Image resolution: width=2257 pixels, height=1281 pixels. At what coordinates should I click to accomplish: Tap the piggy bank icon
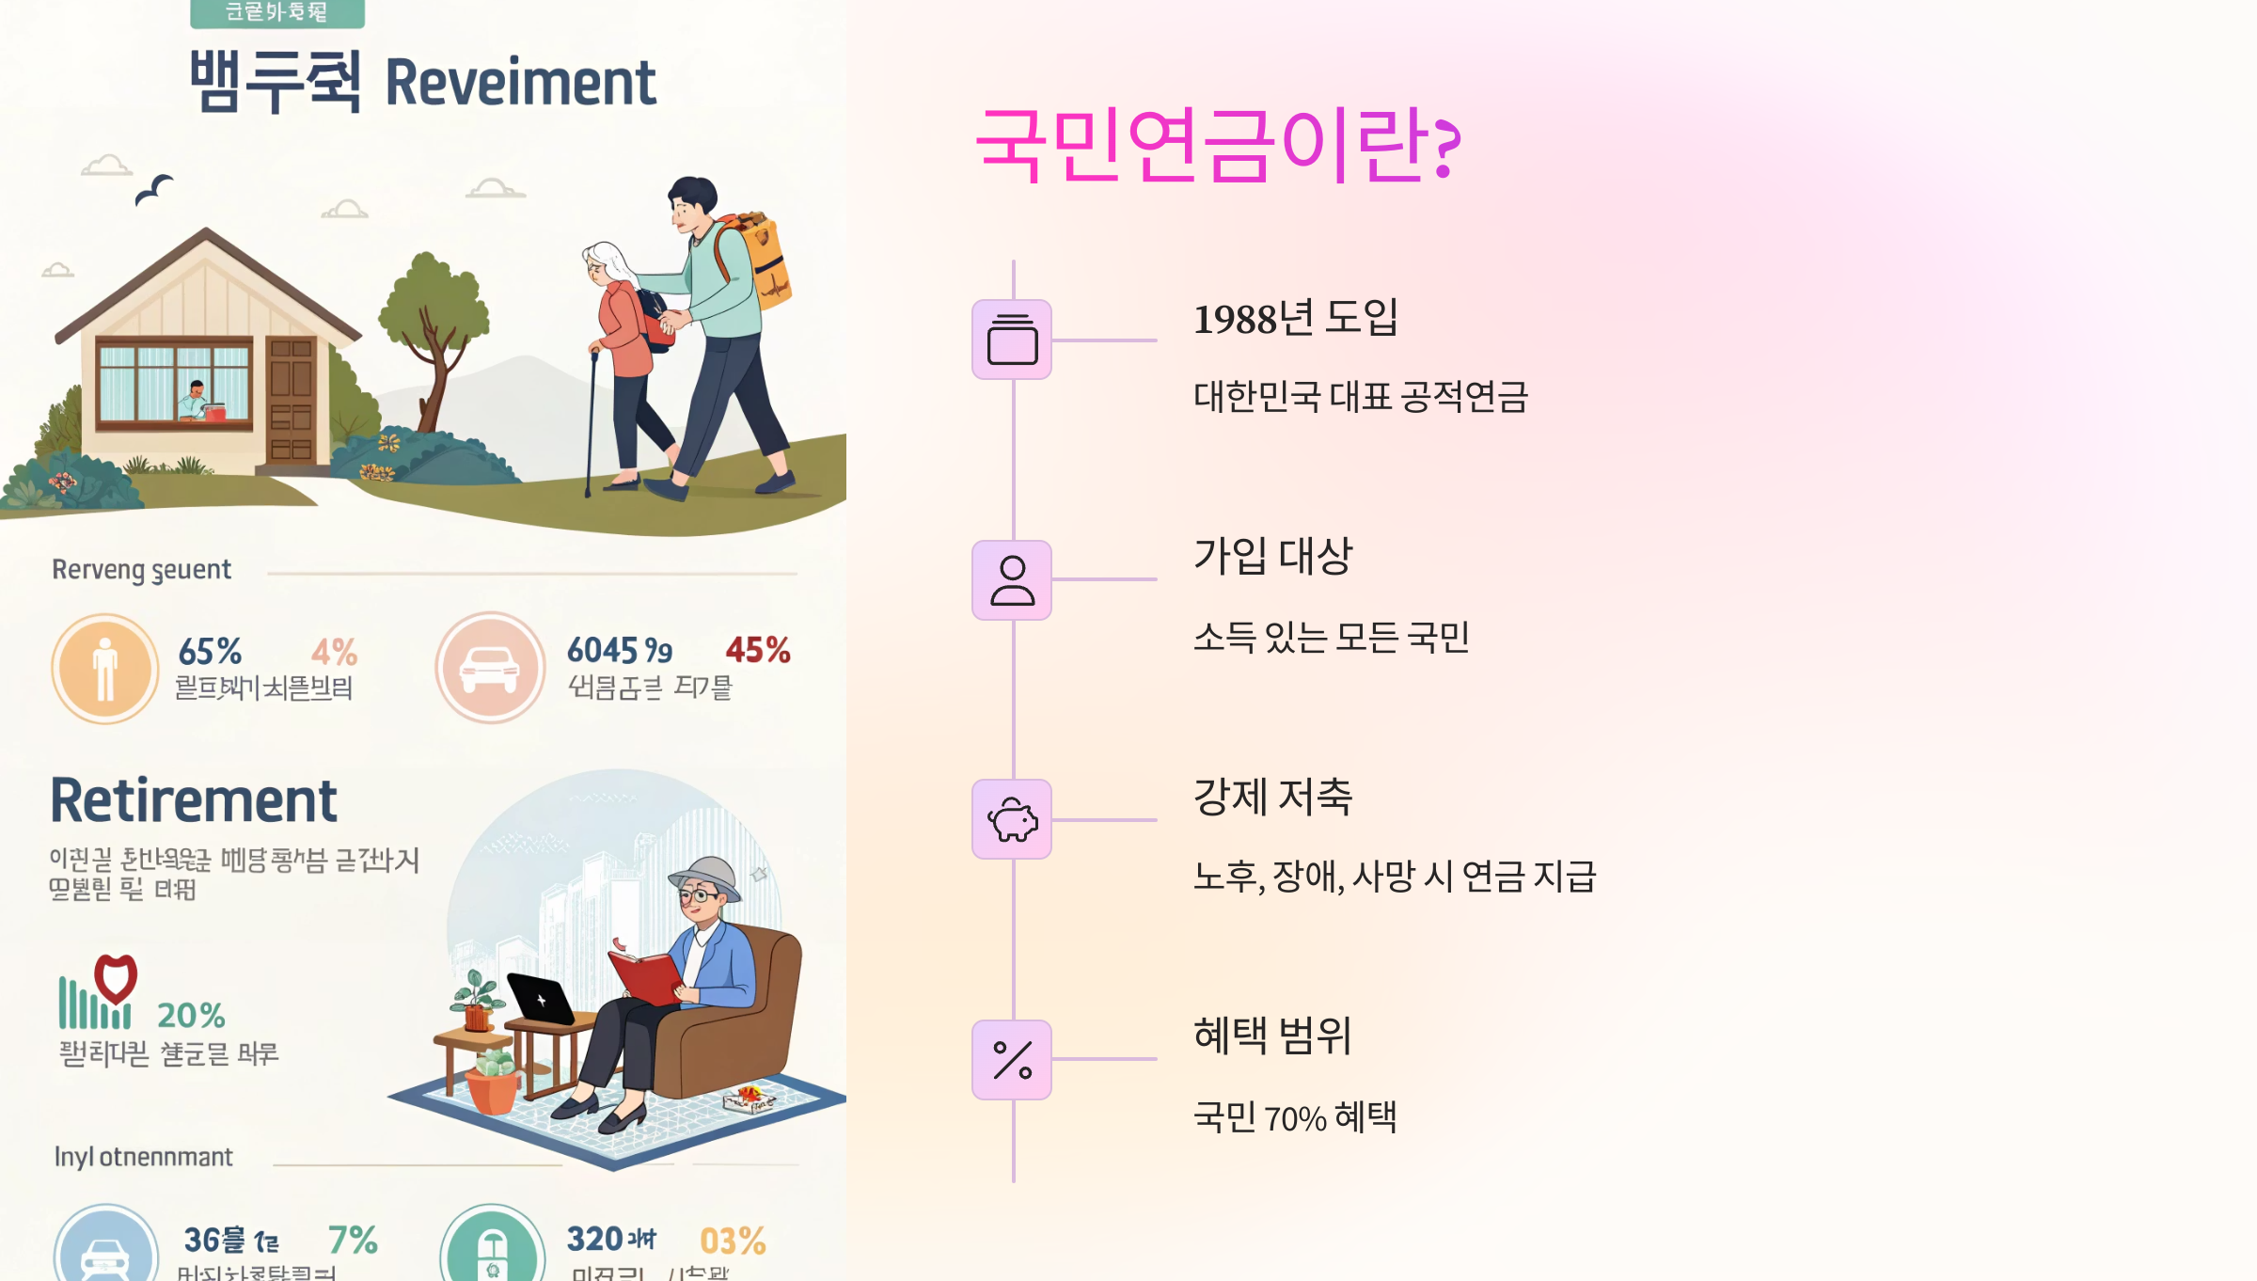(1012, 819)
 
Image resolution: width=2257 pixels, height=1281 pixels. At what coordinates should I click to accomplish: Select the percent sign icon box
(1012, 1060)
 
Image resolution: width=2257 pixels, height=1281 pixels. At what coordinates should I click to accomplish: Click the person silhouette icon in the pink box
(1012, 580)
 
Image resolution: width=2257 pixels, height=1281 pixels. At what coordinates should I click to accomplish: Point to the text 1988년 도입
(1295, 319)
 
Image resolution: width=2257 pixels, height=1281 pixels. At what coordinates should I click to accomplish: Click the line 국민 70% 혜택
(1295, 1118)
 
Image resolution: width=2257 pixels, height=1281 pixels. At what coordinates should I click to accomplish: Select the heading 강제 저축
(1272, 798)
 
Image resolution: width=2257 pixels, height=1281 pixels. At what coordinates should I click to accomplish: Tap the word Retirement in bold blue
(194, 801)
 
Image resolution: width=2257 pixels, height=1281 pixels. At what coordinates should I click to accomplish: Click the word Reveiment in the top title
(520, 83)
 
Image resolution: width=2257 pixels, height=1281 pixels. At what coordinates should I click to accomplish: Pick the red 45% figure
(757, 650)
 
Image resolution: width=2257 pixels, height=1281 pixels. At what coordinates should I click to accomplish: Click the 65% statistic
(210, 652)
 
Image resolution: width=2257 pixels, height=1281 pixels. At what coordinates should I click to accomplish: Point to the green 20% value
(191, 1016)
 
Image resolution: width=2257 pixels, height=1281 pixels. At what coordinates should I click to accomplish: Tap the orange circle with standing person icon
(105, 669)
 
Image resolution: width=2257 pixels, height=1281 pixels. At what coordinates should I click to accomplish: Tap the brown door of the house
(291, 399)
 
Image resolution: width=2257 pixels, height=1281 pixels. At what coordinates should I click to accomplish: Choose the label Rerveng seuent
(141, 570)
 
